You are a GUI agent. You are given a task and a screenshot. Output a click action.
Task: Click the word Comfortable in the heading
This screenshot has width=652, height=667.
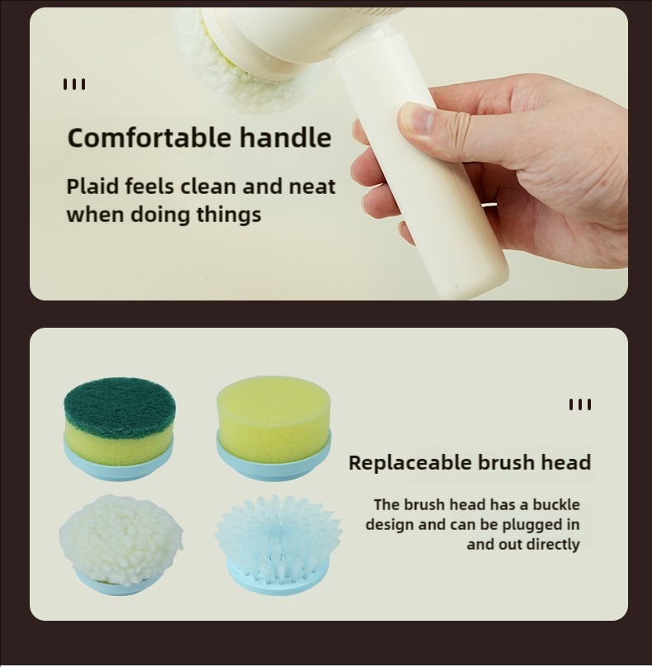pos(149,137)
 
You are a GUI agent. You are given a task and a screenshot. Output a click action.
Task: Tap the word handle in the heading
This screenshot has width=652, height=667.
pos(285,137)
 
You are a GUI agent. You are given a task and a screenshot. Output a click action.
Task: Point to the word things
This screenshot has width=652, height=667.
pos(229,215)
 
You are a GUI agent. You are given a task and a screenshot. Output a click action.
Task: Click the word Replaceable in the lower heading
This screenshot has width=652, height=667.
pos(410,462)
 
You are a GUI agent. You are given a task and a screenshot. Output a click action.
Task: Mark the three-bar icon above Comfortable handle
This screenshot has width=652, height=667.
pos(74,84)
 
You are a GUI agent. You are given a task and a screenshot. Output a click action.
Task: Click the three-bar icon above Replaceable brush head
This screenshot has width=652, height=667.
pos(579,404)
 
